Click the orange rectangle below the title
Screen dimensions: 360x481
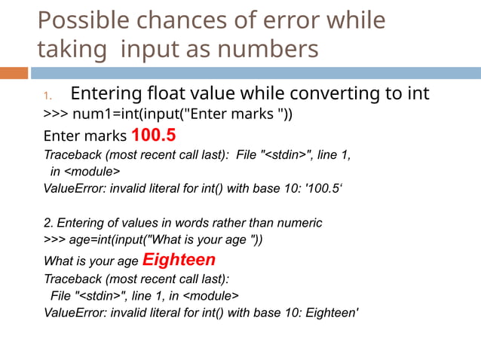tap(14, 73)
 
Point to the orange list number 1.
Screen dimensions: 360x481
tap(46, 96)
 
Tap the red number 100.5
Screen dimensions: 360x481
tap(153, 136)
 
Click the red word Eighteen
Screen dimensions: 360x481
tap(179, 260)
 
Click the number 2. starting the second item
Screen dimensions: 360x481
tap(49, 223)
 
